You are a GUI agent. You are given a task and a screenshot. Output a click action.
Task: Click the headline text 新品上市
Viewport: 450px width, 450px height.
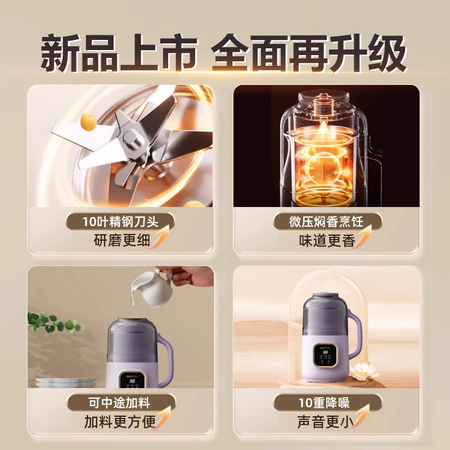point(120,55)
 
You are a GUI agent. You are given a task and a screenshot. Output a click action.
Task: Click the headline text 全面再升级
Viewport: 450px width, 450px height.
point(308,55)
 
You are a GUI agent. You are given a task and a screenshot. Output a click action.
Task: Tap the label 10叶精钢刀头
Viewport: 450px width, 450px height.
point(121,222)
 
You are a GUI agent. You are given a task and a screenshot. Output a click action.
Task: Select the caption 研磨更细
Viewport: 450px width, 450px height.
point(121,241)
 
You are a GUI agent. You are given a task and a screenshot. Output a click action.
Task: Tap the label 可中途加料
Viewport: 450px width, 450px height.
point(120,402)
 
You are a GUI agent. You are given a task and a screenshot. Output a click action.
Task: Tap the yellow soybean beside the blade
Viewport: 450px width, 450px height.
point(88,121)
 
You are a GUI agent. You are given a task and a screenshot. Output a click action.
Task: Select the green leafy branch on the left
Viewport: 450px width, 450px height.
point(53,323)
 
